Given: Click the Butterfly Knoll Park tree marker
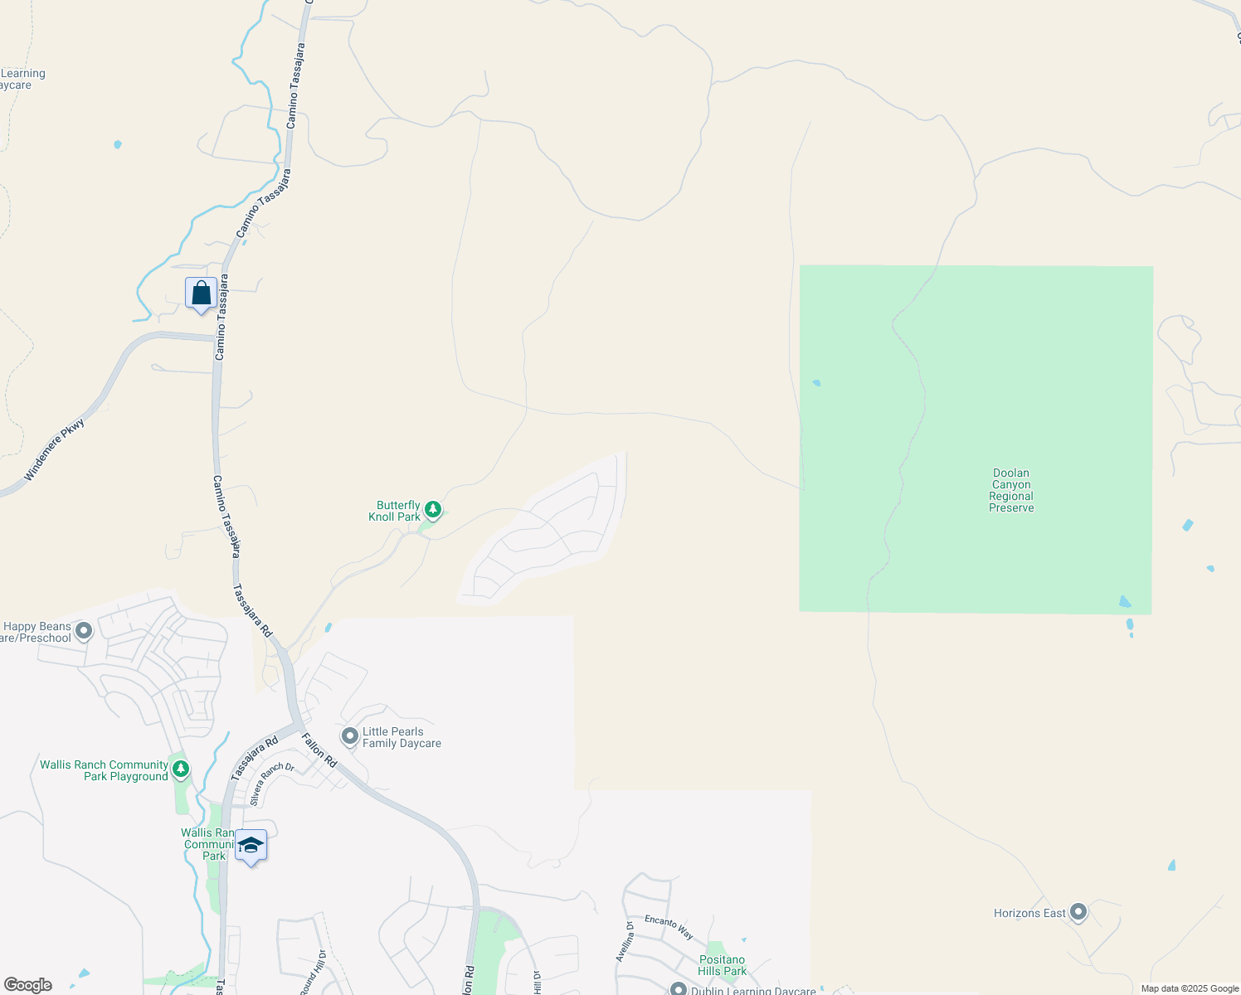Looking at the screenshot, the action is coord(432,509).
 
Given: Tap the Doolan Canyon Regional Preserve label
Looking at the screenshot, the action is coord(1011,490).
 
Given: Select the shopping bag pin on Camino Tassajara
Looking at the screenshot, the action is coord(201,294).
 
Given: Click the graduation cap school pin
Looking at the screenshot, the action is coord(251,846).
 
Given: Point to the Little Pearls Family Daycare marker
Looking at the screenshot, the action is coord(350,735).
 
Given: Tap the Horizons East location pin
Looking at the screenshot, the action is coord(1078,912).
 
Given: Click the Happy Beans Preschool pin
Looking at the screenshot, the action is coord(83,632).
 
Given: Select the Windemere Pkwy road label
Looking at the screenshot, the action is coord(54,450).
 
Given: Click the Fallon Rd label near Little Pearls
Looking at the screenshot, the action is coord(319,750).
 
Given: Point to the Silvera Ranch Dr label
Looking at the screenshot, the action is coord(272,784).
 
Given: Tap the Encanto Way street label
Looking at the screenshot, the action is coord(669,926).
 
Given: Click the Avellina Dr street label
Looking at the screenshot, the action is coord(625,941).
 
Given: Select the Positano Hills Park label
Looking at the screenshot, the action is coord(722,965).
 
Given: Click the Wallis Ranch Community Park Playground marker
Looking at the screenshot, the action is coord(180,770).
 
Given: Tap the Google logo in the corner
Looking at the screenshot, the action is coord(27,985).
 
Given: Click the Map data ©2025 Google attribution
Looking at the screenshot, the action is coord(1189,988).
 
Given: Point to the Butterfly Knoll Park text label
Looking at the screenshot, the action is coord(395,511).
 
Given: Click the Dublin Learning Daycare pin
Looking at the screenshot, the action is coord(679,989).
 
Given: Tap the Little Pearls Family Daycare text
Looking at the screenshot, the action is coord(401,737).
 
